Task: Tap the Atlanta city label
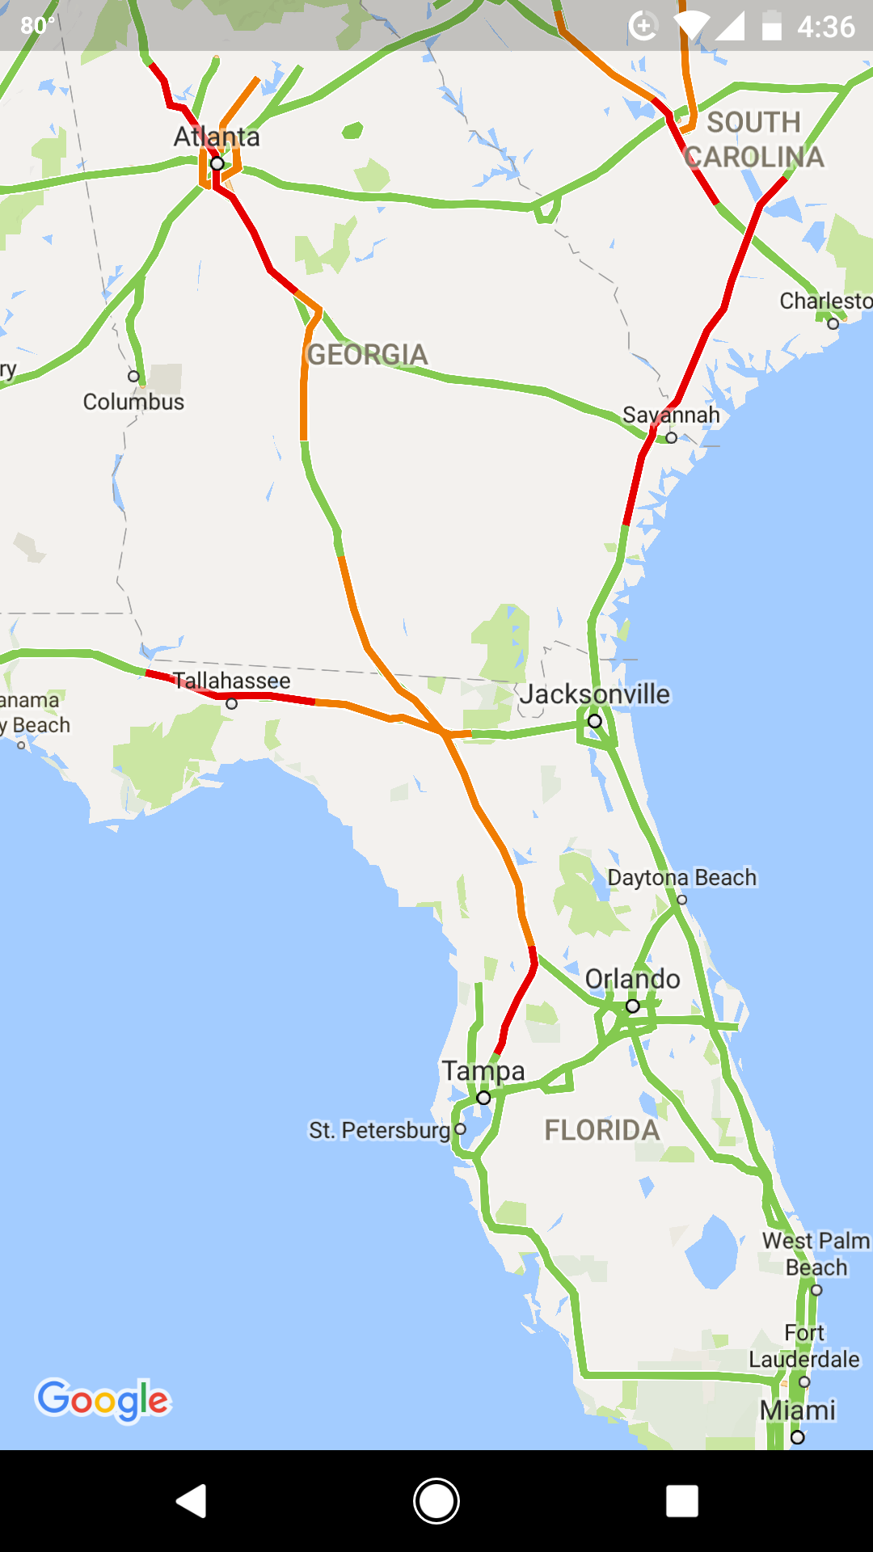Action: point(217,137)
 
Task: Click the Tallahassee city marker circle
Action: point(232,703)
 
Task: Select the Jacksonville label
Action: point(595,694)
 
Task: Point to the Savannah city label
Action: point(671,415)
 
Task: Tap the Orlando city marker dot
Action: point(633,1006)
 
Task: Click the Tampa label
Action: point(483,1071)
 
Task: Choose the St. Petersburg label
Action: point(379,1130)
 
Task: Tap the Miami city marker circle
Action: point(798,1437)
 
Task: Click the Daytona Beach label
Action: point(682,878)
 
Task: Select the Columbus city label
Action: point(134,402)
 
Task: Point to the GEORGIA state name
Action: point(368,355)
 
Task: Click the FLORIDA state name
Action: point(602,1130)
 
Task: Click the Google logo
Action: point(103,1400)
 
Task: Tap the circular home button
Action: point(436,1502)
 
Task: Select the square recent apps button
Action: point(682,1502)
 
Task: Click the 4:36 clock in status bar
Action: point(825,27)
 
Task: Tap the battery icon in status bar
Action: point(772,26)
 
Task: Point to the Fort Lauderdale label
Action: point(804,1346)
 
